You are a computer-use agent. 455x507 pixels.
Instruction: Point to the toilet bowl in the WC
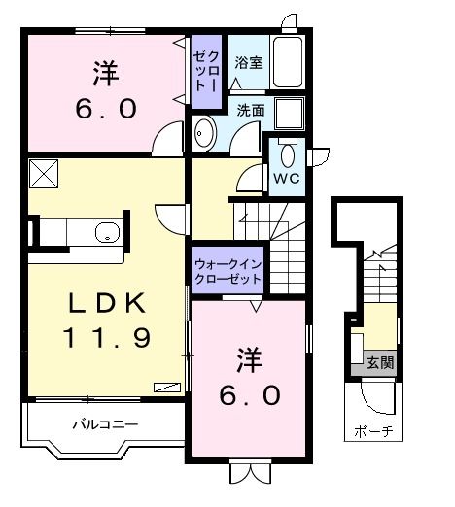tap(287, 156)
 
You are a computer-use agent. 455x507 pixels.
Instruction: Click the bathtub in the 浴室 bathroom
tap(287, 63)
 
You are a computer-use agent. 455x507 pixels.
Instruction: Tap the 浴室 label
tap(248, 63)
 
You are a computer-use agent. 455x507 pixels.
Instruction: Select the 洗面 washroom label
tap(250, 110)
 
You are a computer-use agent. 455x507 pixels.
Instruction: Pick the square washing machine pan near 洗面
tap(288, 114)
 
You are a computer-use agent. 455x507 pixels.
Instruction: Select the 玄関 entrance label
tap(380, 364)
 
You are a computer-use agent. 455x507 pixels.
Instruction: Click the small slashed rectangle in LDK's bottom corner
tap(165, 385)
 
